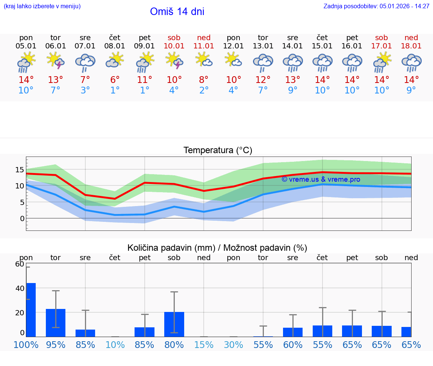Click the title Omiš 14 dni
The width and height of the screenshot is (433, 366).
point(177,12)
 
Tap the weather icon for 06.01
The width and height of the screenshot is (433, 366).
point(56,61)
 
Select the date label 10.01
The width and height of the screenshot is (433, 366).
point(174,46)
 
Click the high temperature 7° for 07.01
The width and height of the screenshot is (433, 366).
point(85,80)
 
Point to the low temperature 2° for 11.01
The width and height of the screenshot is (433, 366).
point(204,90)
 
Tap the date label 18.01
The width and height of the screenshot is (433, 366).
point(411,46)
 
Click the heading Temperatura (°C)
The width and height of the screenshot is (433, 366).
point(218,151)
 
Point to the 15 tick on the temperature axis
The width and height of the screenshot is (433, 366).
point(20,170)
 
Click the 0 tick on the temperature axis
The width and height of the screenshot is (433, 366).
point(22,218)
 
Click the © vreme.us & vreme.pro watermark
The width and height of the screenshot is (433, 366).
point(321,179)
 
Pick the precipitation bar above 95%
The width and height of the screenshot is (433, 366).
point(56,323)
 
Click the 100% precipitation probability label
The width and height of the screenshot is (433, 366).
point(26,345)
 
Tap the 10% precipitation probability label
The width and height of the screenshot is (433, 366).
point(115,345)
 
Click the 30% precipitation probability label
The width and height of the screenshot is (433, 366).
point(233,345)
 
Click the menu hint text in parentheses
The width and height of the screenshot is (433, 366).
point(42,6)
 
